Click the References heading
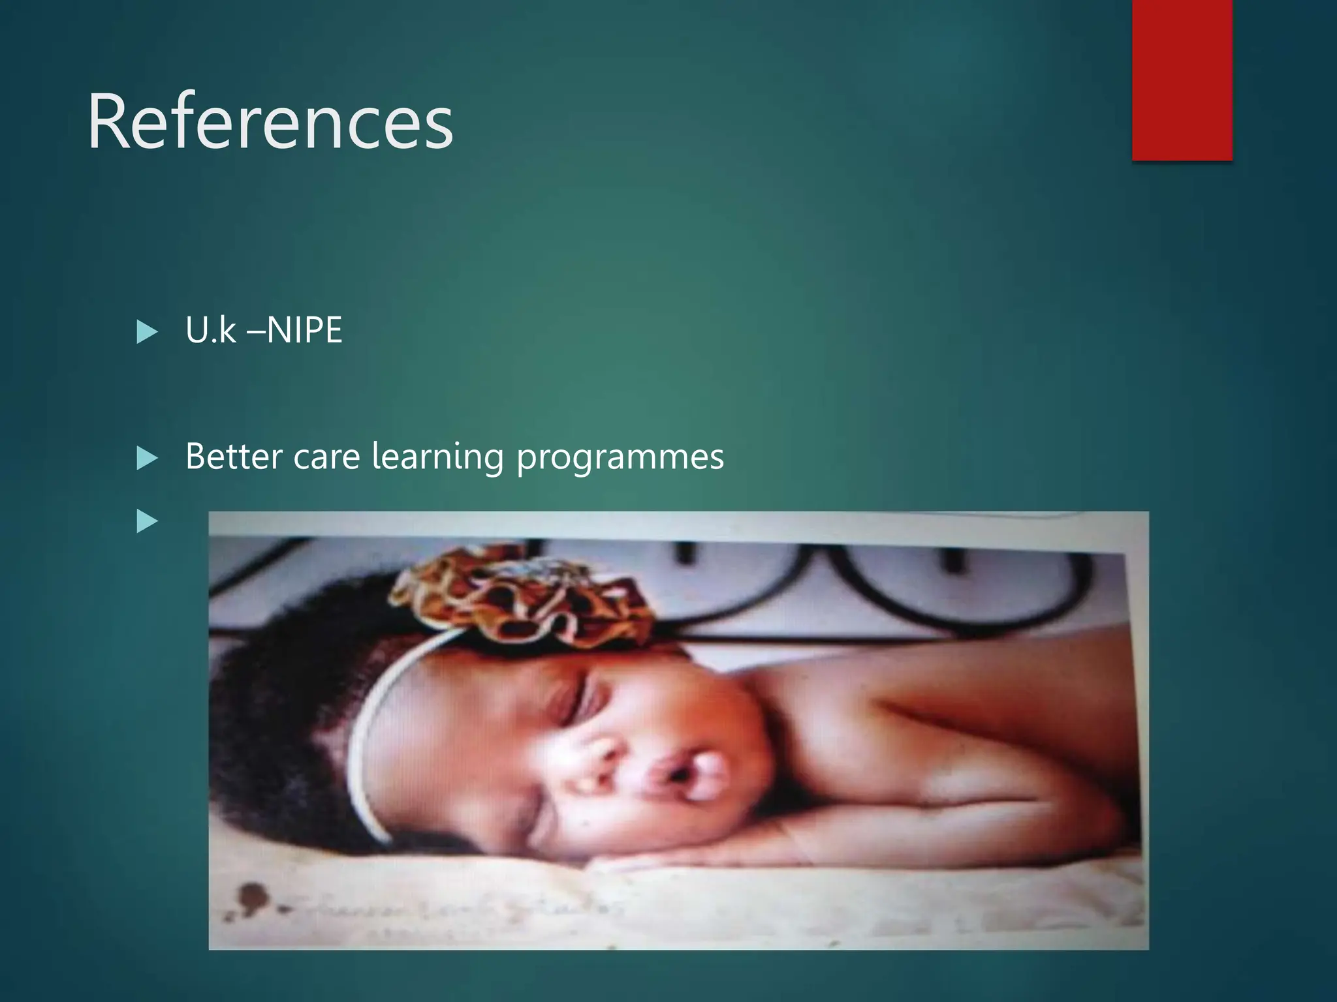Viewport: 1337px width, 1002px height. (x=270, y=122)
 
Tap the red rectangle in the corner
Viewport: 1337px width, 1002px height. (x=1182, y=80)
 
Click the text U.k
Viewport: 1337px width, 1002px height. (x=210, y=330)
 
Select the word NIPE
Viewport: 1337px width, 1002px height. (x=304, y=330)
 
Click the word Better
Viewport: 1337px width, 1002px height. (x=234, y=456)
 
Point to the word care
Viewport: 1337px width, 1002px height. (x=326, y=457)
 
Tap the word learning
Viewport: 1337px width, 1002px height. (x=437, y=457)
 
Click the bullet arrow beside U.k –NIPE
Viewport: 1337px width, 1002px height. (x=148, y=332)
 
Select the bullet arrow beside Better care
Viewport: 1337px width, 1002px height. (x=148, y=459)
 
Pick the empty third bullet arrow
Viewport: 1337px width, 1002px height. (x=148, y=521)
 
